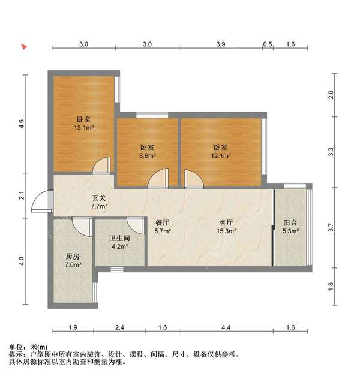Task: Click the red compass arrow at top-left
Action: (x=24, y=47)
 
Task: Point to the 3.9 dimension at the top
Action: (x=220, y=44)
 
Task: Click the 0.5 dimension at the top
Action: (x=268, y=44)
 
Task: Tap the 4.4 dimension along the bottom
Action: (x=226, y=327)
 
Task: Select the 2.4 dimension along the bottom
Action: (x=119, y=327)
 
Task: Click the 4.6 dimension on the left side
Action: (x=22, y=125)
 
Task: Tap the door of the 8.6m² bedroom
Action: (x=158, y=178)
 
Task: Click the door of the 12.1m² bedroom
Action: (x=193, y=178)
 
